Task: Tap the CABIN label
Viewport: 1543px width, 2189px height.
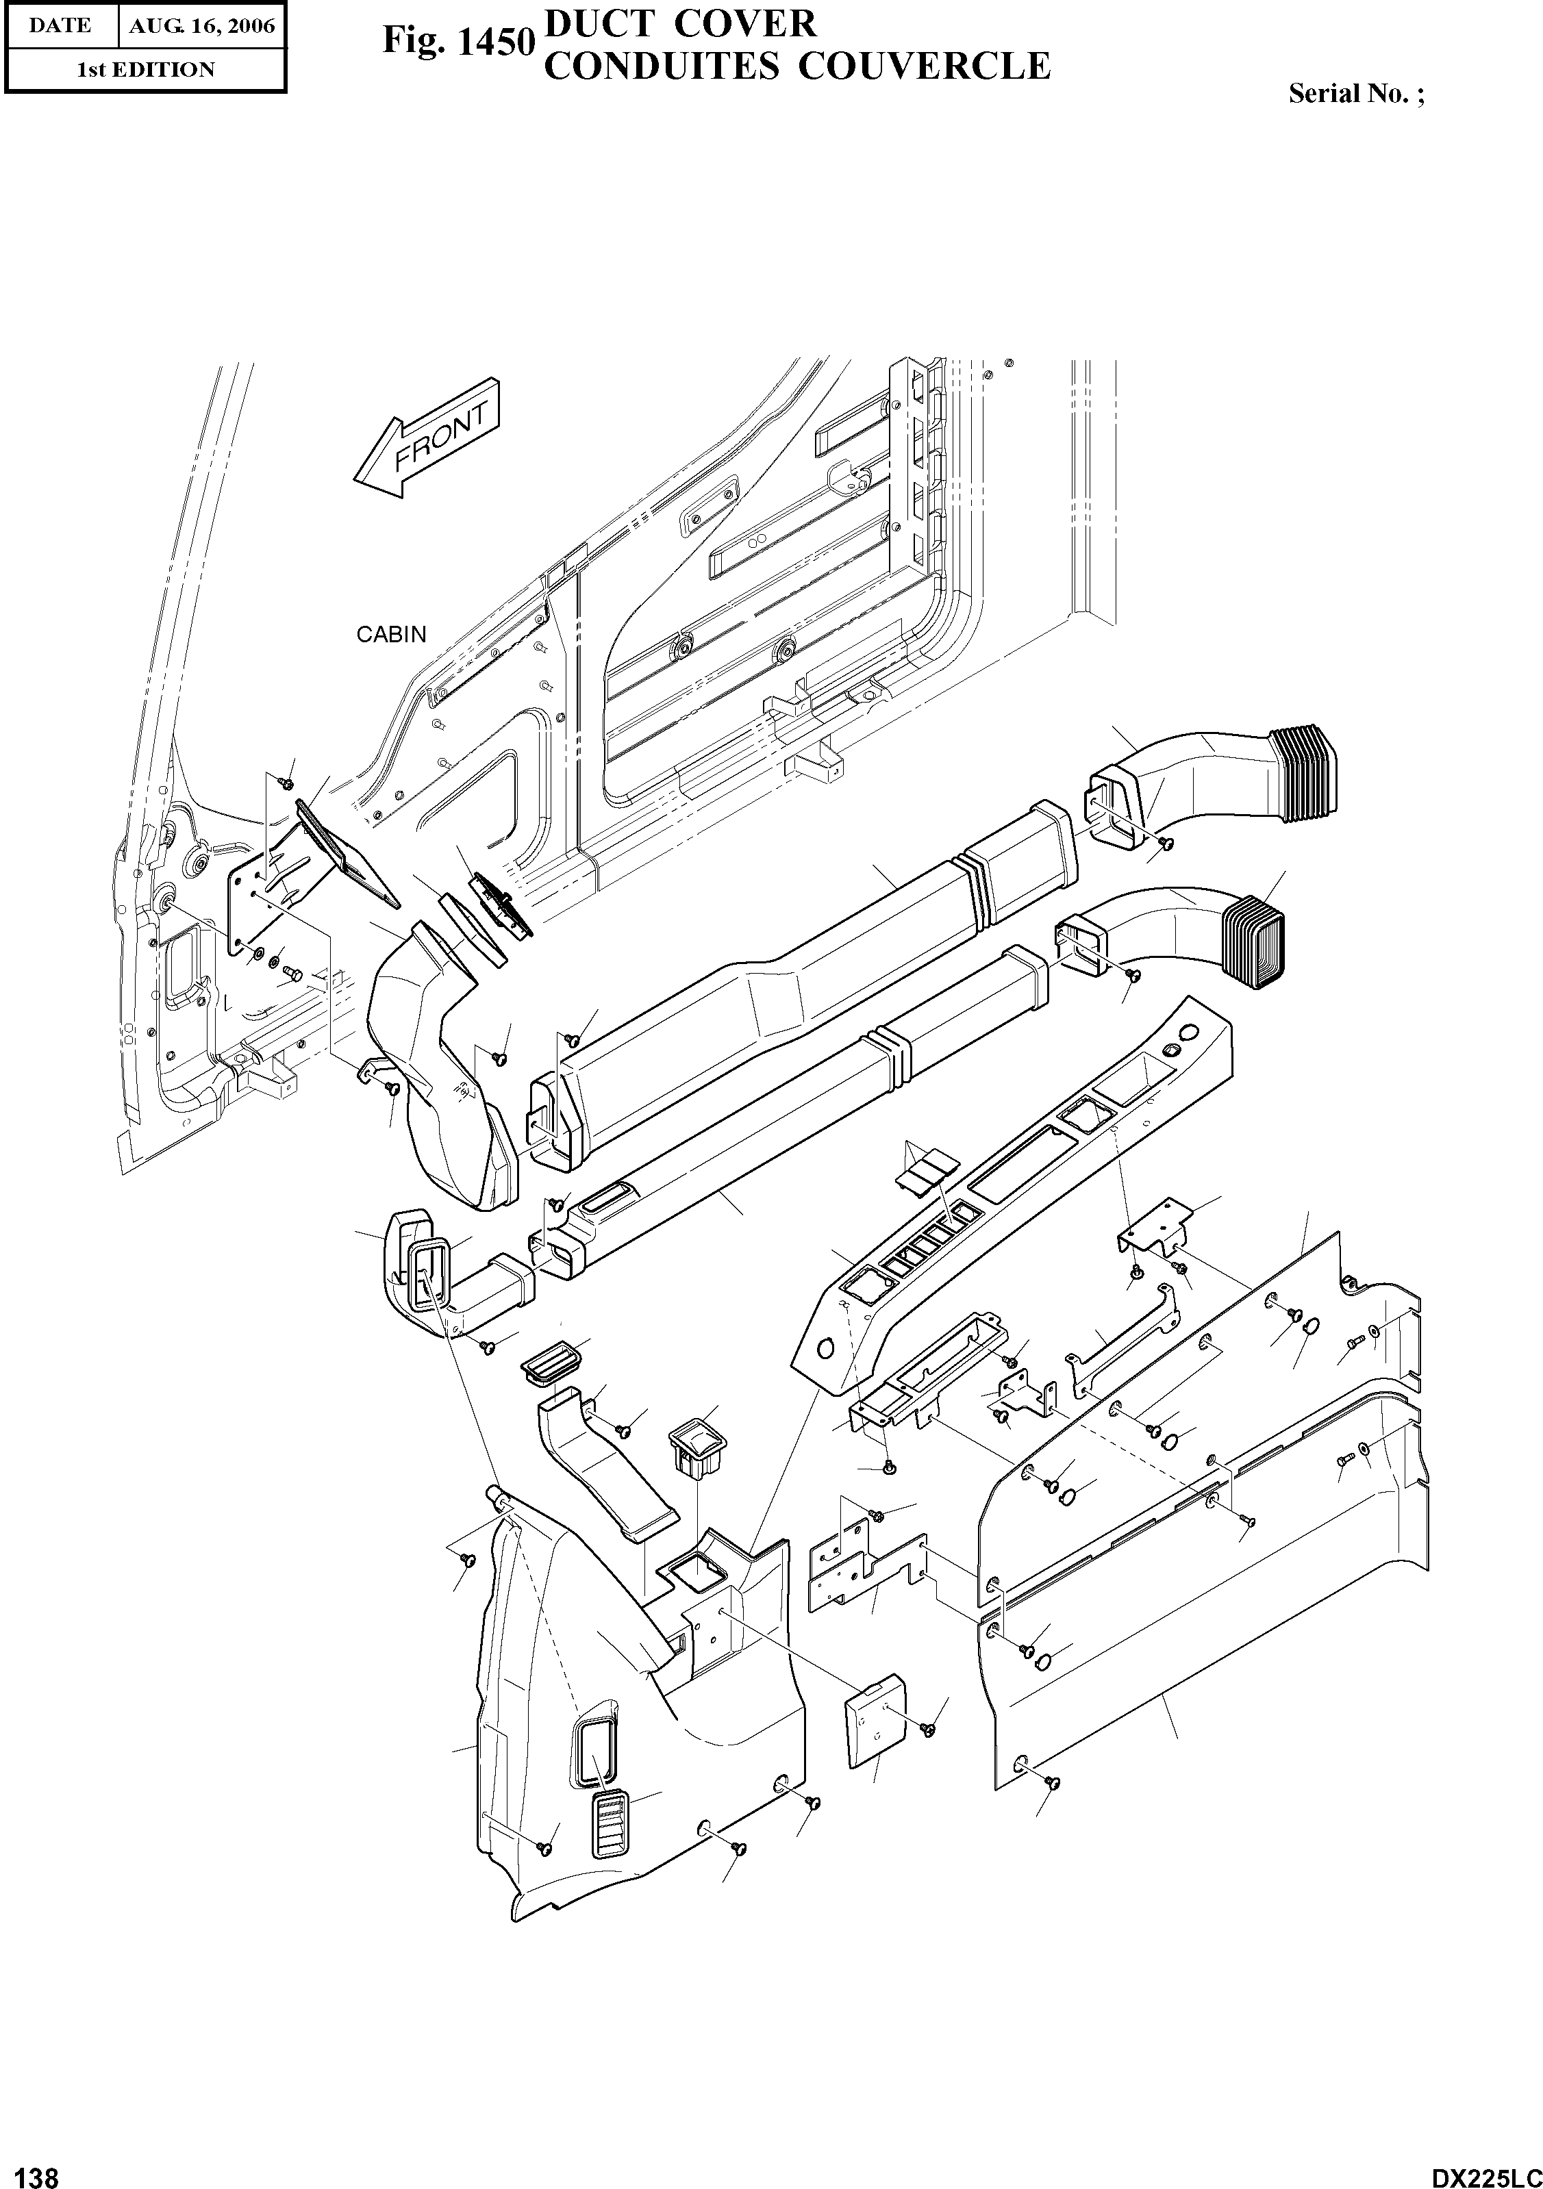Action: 391,634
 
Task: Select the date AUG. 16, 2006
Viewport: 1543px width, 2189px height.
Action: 201,26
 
